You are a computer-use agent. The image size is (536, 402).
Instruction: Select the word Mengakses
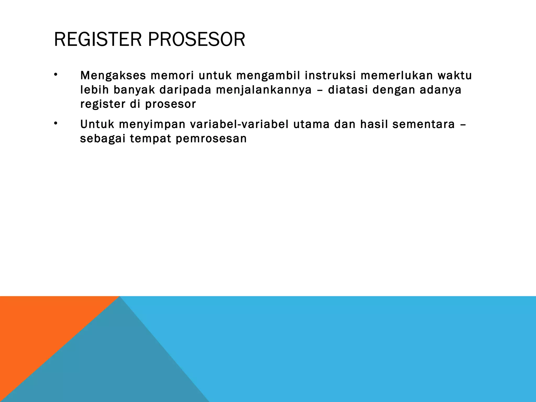(113, 76)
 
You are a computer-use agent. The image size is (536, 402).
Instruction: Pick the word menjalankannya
(264, 90)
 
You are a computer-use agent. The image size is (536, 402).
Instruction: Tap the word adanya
(441, 90)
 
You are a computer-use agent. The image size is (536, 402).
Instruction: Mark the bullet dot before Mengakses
(55, 75)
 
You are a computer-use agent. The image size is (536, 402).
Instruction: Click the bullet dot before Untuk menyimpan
(55, 123)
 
